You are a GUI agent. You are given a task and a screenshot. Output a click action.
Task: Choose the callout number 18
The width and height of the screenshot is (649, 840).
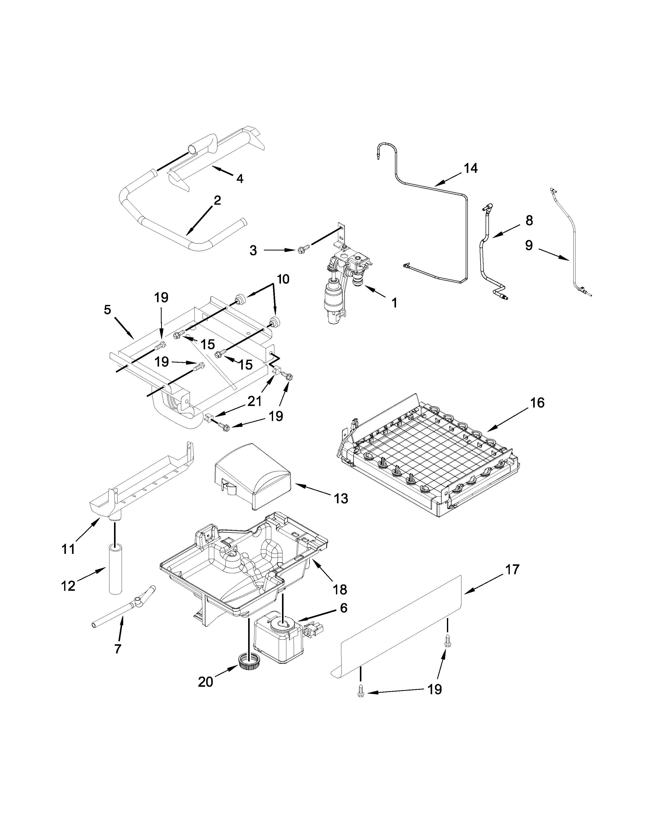click(340, 589)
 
